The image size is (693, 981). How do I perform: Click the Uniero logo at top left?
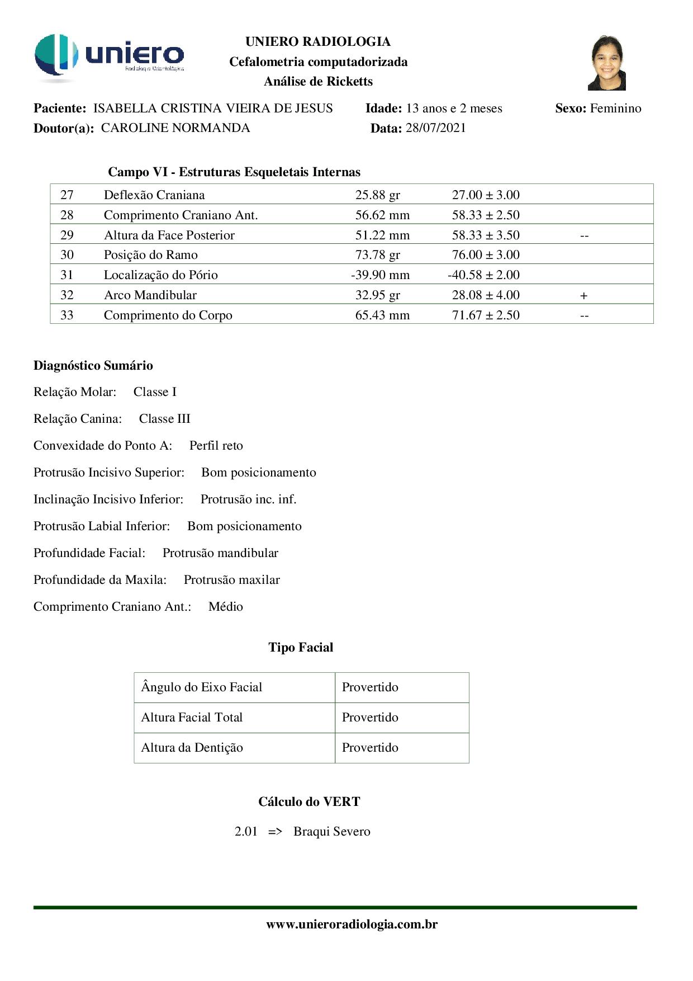tap(109, 56)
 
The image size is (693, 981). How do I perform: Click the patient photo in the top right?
tap(606, 63)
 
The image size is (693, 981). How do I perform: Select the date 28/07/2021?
tap(435, 128)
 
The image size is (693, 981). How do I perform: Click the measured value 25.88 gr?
tap(378, 195)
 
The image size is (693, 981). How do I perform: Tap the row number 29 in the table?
tap(67, 235)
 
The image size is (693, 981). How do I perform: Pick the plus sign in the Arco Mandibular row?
tap(584, 295)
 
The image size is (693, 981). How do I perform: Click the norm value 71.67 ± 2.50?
tap(486, 315)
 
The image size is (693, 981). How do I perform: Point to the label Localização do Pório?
tap(161, 275)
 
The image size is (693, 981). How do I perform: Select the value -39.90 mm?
tap(380, 275)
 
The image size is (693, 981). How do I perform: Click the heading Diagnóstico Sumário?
tap(93, 366)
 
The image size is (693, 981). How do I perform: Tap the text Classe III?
tap(165, 419)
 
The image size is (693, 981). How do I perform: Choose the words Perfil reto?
tap(216, 446)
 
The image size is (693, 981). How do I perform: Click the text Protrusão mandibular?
tap(220, 553)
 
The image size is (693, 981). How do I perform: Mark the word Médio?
tap(226, 607)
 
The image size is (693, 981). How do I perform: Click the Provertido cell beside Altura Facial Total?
tap(370, 718)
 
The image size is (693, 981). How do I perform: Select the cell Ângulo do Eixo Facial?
tap(202, 687)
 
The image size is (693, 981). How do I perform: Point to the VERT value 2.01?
tap(246, 832)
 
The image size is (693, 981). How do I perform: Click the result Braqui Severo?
tap(332, 832)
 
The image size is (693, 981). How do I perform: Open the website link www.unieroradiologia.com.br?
tap(352, 925)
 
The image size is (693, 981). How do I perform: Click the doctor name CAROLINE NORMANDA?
tap(175, 128)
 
